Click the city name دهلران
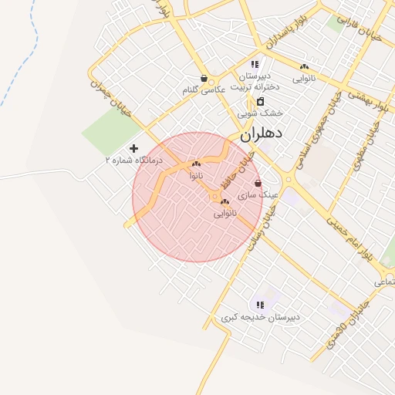[262, 133]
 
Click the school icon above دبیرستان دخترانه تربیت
[255, 64]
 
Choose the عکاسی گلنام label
[203, 90]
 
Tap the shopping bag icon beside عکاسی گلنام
[203, 78]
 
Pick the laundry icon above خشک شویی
[260, 101]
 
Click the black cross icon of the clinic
[134, 147]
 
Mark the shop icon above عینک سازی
[258, 184]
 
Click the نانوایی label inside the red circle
[225, 213]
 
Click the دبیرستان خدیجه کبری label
[260, 317]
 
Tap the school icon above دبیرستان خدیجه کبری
[260, 305]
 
